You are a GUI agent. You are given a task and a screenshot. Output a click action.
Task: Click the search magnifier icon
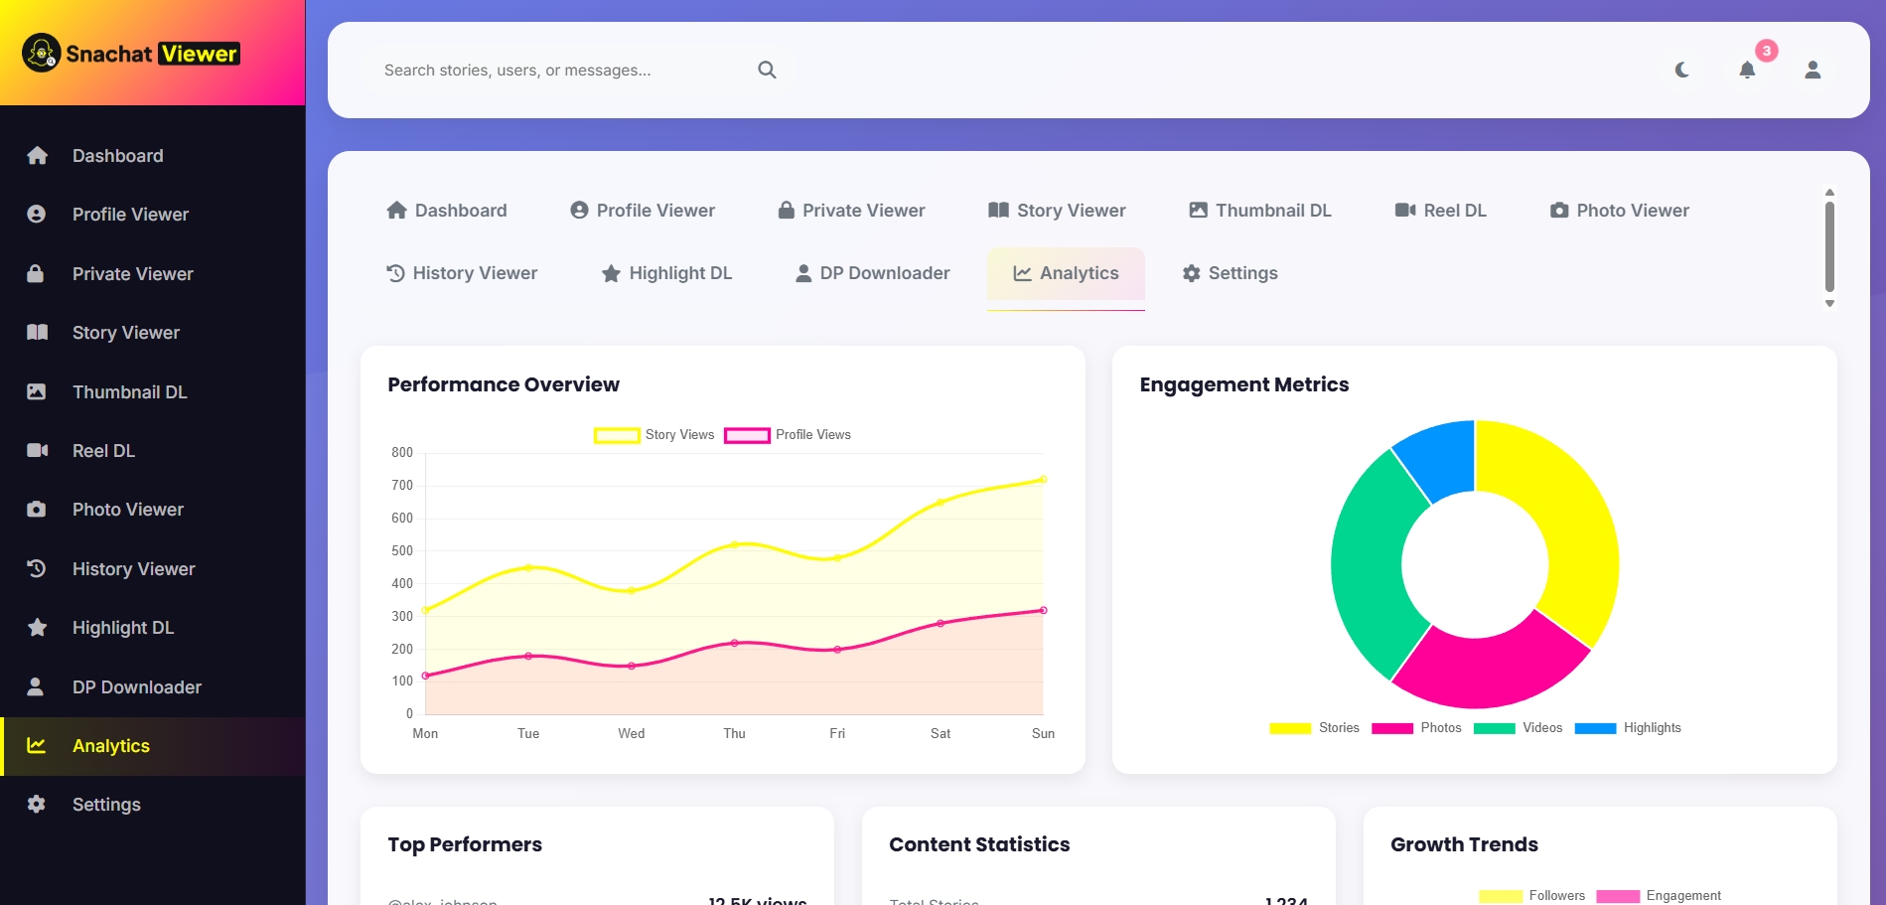click(x=767, y=70)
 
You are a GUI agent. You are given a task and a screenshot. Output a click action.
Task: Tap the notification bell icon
click(x=1747, y=70)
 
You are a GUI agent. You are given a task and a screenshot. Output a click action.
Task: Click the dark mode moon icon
click(x=1681, y=70)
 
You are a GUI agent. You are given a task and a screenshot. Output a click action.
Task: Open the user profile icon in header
click(x=1813, y=70)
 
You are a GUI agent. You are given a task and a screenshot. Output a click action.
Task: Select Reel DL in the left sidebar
click(x=103, y=451)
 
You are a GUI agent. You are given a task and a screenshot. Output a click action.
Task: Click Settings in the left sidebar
click(x=105, y=805)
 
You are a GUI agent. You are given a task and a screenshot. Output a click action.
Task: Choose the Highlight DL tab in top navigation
click(x=666, y=273)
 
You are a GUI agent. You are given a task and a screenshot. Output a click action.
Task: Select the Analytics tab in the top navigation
click(x=1066, y=273)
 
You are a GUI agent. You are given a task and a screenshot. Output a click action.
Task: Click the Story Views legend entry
click(x=654, y=435)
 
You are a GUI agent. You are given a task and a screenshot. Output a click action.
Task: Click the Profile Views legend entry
click(x=788, y=435)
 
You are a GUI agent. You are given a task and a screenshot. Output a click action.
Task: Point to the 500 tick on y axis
click(x=402, y=550)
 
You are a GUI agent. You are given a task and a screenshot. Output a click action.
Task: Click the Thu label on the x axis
click(x=734, y=733)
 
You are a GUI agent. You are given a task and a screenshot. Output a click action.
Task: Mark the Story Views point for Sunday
click(x=1043, y=480)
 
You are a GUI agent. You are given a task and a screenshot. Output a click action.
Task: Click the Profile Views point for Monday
click(x=425, y=676)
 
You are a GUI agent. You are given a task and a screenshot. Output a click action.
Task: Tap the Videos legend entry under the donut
click(x=1520, y=728)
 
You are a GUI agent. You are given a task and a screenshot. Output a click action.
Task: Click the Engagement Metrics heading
click(x=1243, y=384)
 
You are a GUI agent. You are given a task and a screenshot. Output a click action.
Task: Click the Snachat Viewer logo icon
click(x=42, y=53)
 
